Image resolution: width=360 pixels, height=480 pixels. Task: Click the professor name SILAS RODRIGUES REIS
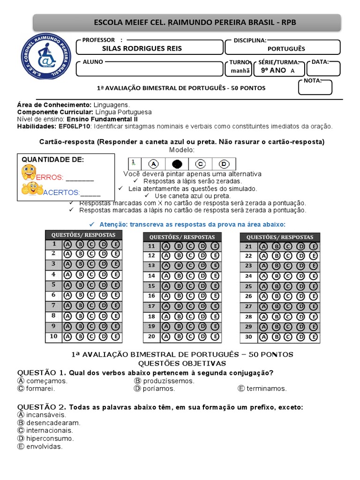coord(142,49)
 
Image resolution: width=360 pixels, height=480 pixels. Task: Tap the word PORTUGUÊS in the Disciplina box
coord(286,49)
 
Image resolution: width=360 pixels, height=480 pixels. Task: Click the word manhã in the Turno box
coord(237,71)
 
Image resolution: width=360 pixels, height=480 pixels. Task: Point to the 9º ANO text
coord(273,71)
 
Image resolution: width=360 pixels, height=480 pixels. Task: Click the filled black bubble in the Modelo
coord(177,164)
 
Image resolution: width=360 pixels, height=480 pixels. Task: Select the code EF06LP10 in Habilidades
coord(75,126)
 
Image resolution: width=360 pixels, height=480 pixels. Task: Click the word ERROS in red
coord(50,178)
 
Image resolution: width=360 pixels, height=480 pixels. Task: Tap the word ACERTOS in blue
coord(61,192)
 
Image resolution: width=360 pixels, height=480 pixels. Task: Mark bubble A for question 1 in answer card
coord(67,244)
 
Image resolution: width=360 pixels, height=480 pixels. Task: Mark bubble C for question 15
coord(190,286)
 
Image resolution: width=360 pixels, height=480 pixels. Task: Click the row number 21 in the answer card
coord(248,247)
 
